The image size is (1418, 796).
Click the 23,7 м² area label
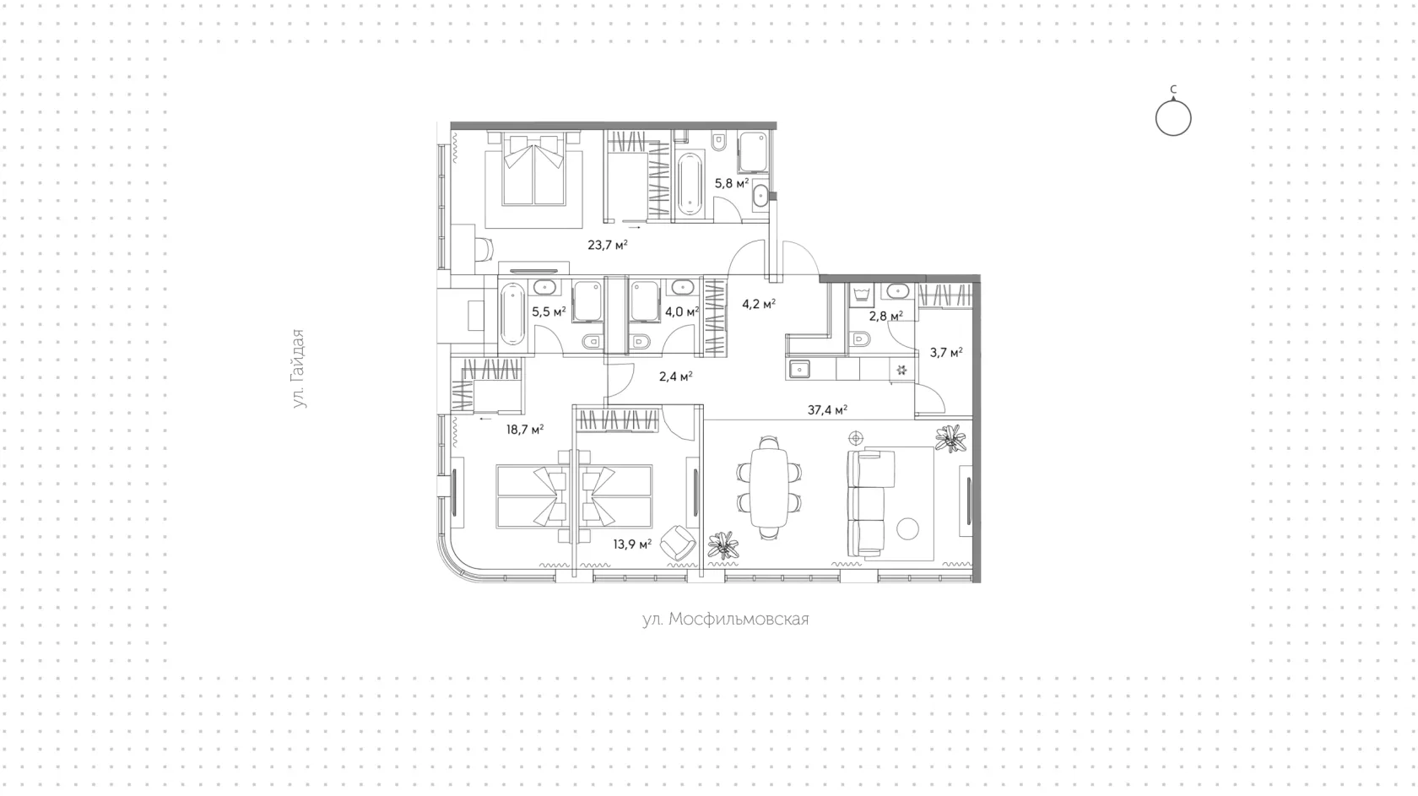pos(607,245)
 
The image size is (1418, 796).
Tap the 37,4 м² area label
pos(827,409)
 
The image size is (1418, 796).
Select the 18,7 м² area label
pos(525,430)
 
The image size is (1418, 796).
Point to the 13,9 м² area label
pos(632,544)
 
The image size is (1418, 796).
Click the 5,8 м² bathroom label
pos(732,183)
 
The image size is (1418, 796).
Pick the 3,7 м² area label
pos(946,352)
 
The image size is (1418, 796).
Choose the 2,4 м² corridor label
pos(675,376)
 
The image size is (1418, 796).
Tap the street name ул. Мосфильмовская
pos(726,619)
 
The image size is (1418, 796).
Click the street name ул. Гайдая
pos(298,369)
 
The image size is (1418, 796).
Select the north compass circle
pos(1173,118)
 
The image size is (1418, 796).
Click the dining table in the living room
pos(769,488)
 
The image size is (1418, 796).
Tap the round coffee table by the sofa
pos(908,528)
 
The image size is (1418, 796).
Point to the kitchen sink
pos(799,369)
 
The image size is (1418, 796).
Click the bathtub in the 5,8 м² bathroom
pos(690,184)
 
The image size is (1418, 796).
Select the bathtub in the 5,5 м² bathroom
pos(512,314)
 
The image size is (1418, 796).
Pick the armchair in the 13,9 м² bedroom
pos(677,543)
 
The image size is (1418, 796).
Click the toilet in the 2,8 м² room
pos(860,338)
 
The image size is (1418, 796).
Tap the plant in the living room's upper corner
pos(950,438)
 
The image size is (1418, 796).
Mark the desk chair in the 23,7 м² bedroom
pos(484,248)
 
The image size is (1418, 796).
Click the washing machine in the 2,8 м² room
pos(860,295)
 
